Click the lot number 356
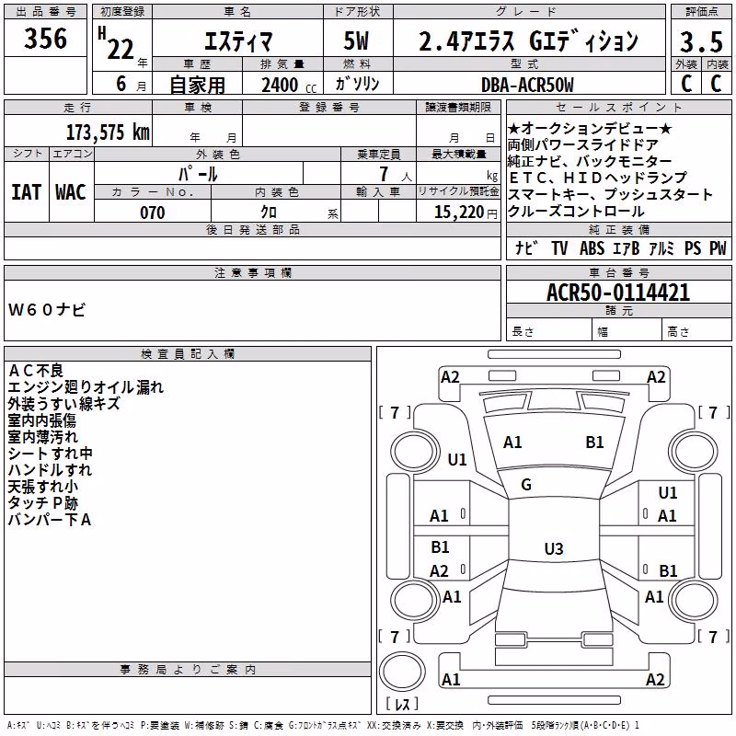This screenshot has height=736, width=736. click(45, 38)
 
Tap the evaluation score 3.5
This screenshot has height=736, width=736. click(701, 41)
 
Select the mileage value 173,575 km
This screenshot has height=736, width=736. click(108, 132)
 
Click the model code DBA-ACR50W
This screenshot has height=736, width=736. click(527, 85)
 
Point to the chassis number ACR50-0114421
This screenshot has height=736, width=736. click(618, 293)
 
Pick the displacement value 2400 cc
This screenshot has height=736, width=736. click(289, 85)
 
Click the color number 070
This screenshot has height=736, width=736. click(153, 213)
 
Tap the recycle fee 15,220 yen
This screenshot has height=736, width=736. click(466, 213)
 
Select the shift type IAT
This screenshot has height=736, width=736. click(27, 192)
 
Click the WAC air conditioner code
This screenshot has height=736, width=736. click(71, 192)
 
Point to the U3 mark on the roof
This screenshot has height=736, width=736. click(554, 548)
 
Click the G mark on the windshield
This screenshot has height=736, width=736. click(526, 484)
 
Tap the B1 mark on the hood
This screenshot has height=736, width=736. click(594, 442)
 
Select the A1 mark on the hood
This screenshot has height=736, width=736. click(512, 442)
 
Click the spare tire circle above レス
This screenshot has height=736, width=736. click(402, 671)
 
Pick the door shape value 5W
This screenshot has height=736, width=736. click(356, 40)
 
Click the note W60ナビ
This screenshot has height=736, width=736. click(47, 310)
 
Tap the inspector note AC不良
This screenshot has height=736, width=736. click(36, 371)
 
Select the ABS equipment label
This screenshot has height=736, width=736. click(592, 247)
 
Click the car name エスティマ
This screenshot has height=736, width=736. click(238, 41)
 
